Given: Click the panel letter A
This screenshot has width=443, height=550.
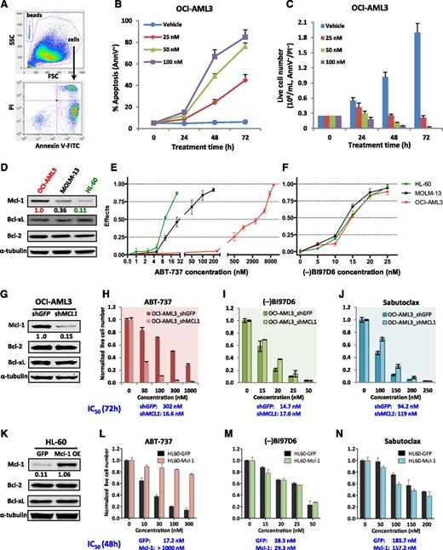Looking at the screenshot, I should pyautogui.click(x=6, y=7).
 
